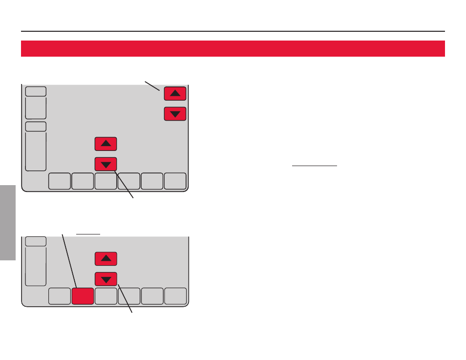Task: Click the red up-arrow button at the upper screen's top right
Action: pyautogui.click(x=175, y=93)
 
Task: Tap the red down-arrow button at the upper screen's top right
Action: pyautogui.click(x=175, y=114)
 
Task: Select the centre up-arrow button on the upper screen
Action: pyautogui.click(x=106, y=144)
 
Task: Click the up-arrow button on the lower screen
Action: pyautogui.click(x=106, y=258)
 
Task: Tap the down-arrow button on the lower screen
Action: pyautogui.click(x=106, y=279)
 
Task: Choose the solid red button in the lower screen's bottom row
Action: pyautogui.click(x=83, y=296)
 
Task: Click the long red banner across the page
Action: pyautogui.click(x=233, y=48)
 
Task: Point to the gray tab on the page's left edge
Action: pyautogui.click(x=8, y=222)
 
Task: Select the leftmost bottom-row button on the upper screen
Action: pyautogui.click(x=60, y=181)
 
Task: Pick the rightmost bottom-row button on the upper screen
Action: pyautogui.click(x=175, y=181)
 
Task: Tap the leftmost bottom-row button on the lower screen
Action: pyautogui.click(x=60, y=296)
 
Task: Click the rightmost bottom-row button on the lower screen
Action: pyautogui.click(x=175, y=296)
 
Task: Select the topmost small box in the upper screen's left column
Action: pyautogui.click(x=36, y=91)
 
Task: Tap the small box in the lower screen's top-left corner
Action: pyautogui.click(x=36, y=241)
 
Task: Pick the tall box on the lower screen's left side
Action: pyautogui.click(x=36, y=266)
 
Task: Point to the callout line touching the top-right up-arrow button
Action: pyautogui.click(x=152, y=85)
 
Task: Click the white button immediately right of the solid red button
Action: pyautogui.click(x=106, y=296)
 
